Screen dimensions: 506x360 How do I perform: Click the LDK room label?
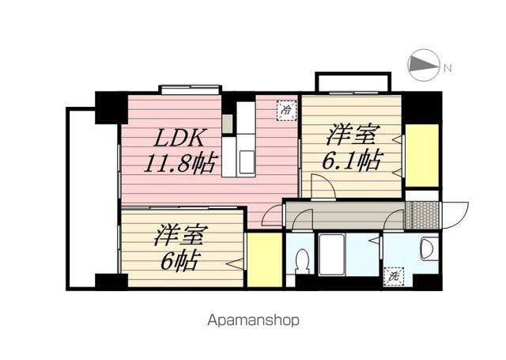179,138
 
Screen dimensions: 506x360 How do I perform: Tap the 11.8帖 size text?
180,163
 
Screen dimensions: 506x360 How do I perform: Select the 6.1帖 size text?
352,159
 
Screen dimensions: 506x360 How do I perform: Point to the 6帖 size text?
179,260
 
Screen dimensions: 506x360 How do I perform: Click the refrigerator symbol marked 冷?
286,111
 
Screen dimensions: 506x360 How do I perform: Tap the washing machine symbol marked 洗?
394,277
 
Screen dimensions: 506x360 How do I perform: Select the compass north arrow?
424,65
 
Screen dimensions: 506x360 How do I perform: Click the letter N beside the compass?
447,68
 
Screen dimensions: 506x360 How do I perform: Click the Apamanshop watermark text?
253,320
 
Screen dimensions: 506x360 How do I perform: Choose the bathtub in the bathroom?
332,255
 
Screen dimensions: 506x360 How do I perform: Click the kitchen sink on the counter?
246,162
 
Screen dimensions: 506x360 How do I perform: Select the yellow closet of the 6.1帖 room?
421,155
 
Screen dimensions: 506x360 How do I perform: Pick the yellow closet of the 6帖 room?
265,260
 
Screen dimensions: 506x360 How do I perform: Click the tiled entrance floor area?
422,215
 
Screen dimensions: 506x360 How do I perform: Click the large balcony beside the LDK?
92,199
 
